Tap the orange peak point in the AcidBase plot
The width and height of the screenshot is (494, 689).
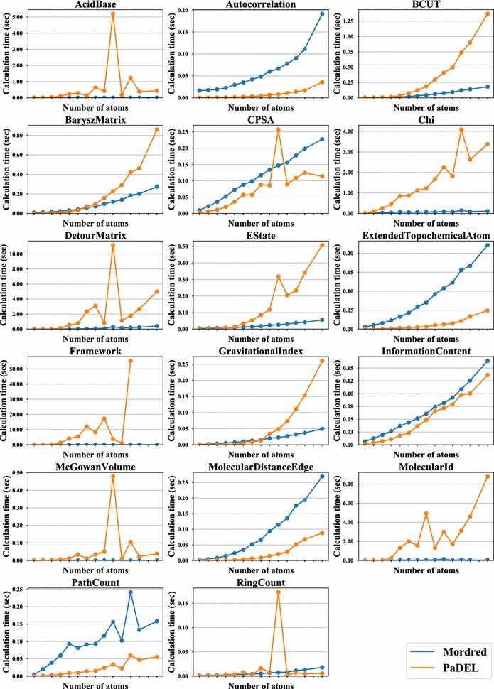point(113,14)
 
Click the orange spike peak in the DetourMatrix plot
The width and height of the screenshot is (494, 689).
point(113,245)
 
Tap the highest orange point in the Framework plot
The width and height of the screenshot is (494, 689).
point(130,361)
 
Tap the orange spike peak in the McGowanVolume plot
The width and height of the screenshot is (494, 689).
point(113,477)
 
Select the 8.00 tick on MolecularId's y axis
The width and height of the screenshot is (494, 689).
point(349,482)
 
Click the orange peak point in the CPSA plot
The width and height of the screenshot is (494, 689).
point(278,129)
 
